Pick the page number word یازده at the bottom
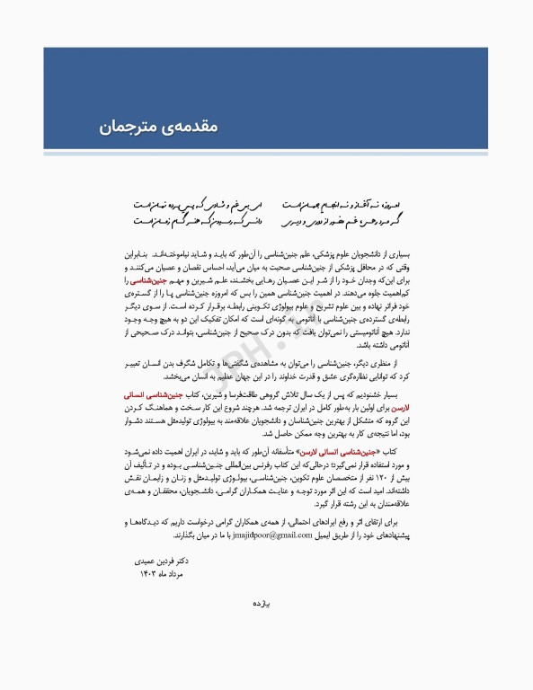pos(266,631)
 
